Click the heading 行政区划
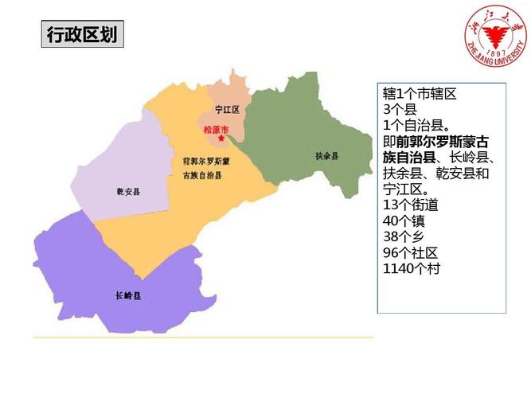tap(82, 35)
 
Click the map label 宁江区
tap(227, 110)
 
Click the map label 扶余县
tap(326, 155)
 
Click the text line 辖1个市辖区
tap(419, 94)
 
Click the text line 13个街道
tap(409, 205)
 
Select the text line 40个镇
tap(401, 221)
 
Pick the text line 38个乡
tap(401, 237)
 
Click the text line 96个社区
tap(409, 253)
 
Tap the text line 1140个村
tap(411, 269)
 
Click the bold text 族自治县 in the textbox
tap(408, 158)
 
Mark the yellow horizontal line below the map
tap(203, 338)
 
